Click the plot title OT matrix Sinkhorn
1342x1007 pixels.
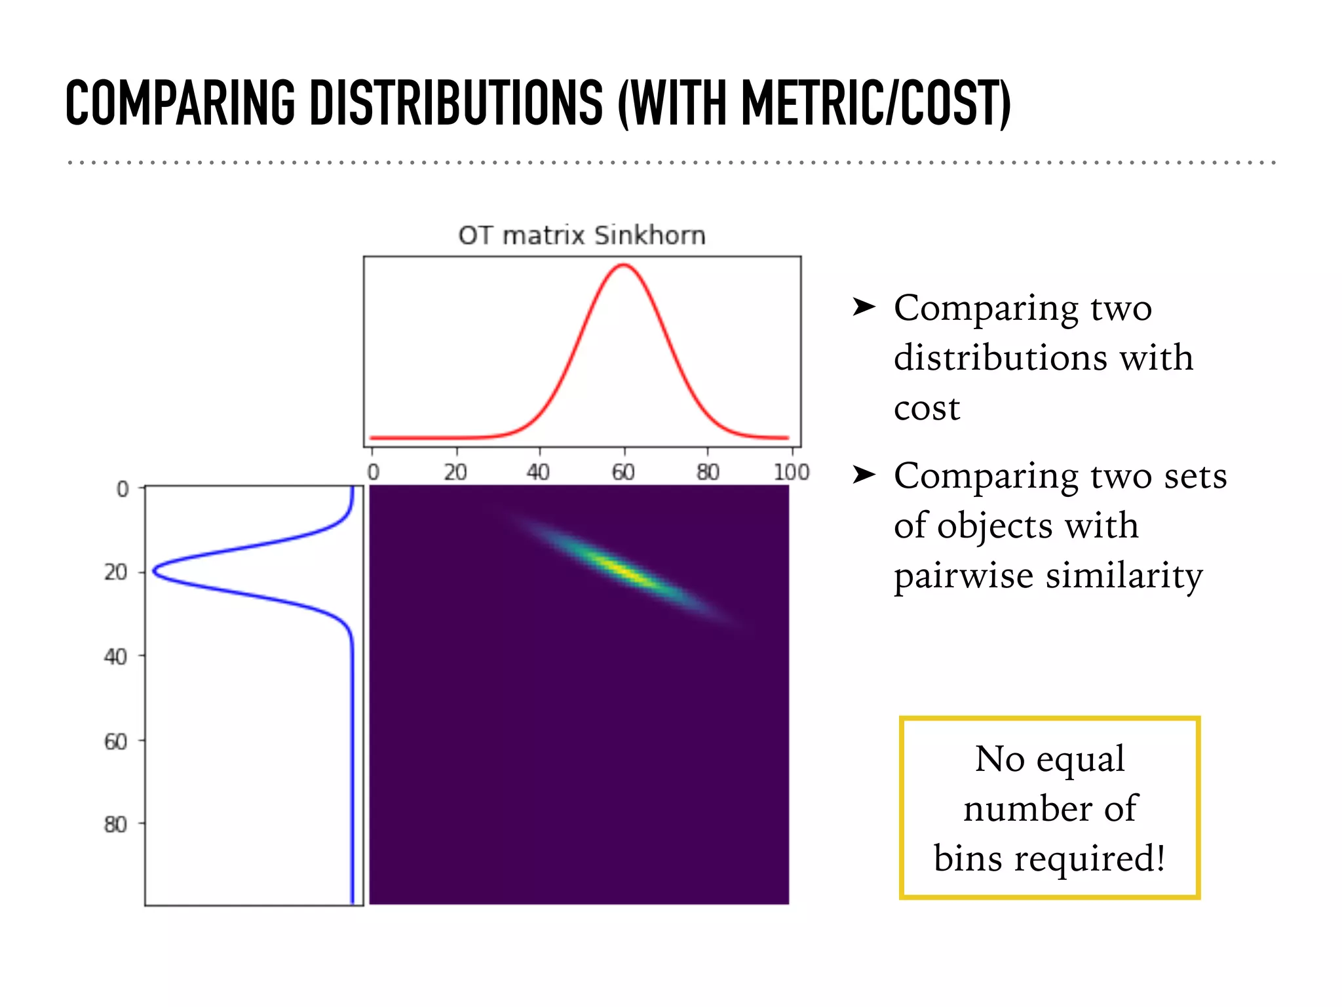click(x=582, y=235)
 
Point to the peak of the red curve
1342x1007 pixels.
click(x=624, y=265)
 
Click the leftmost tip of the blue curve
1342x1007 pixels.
click(x=154, y=571)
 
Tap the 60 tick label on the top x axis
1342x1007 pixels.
click(x=623, y=472)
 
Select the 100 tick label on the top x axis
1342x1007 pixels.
click(x=791, y=472)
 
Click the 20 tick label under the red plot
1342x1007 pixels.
click(x=455, y=472)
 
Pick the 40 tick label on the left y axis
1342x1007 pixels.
click(x=115, y=656)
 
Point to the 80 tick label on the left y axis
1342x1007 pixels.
click(x=115, y=824)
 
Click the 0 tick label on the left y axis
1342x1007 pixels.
click(x=123, y=489)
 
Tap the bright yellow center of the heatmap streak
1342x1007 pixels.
click(x=626, y=571)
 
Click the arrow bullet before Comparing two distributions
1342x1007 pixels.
click(x=864, y=306)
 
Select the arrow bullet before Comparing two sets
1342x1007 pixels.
click(x=864, y=474)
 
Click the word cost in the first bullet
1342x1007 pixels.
click(x=927, y=408)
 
